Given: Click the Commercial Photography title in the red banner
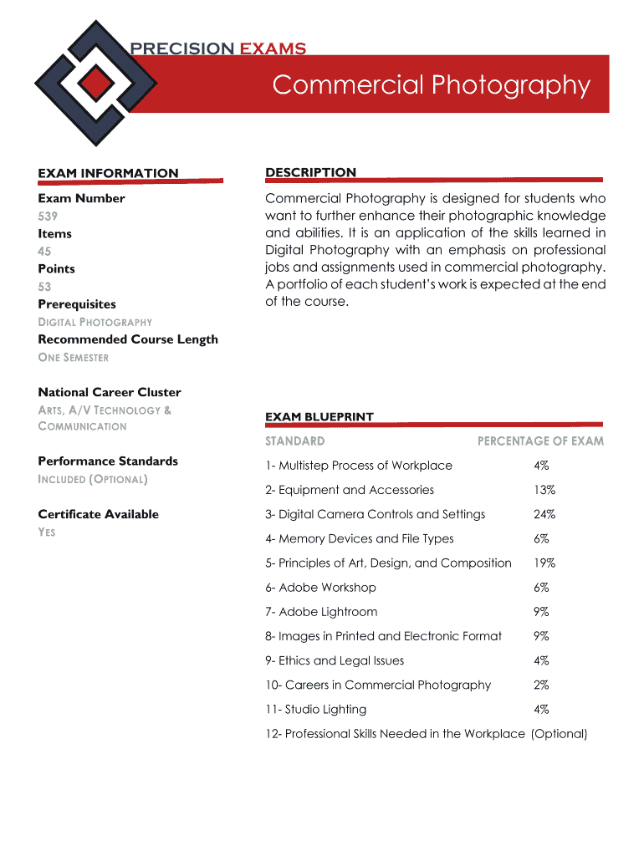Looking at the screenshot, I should (431, 85).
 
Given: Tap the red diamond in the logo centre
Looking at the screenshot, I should (98, 81).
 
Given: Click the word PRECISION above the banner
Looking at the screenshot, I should (182, 48).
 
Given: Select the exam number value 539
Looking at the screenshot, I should (47, 216).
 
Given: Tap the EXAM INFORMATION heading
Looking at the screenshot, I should (108, 173).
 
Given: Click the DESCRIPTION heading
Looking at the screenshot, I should (310, 172).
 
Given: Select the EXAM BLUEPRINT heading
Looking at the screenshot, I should (319, 416).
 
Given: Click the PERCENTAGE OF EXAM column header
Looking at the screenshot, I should (539, 441).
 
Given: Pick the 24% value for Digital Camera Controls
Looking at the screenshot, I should (544, 514).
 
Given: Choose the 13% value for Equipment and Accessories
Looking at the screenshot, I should (544, 490).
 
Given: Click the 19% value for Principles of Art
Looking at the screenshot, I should (544, 563).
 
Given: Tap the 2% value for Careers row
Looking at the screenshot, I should (541, 685).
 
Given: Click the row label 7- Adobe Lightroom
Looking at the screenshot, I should (321, 612).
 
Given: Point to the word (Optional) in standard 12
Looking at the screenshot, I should (559, 734).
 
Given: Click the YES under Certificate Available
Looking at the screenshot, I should (47, 532).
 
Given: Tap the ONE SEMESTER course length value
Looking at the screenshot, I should (74, 357).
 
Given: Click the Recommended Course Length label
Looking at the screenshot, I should (128, 339).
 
